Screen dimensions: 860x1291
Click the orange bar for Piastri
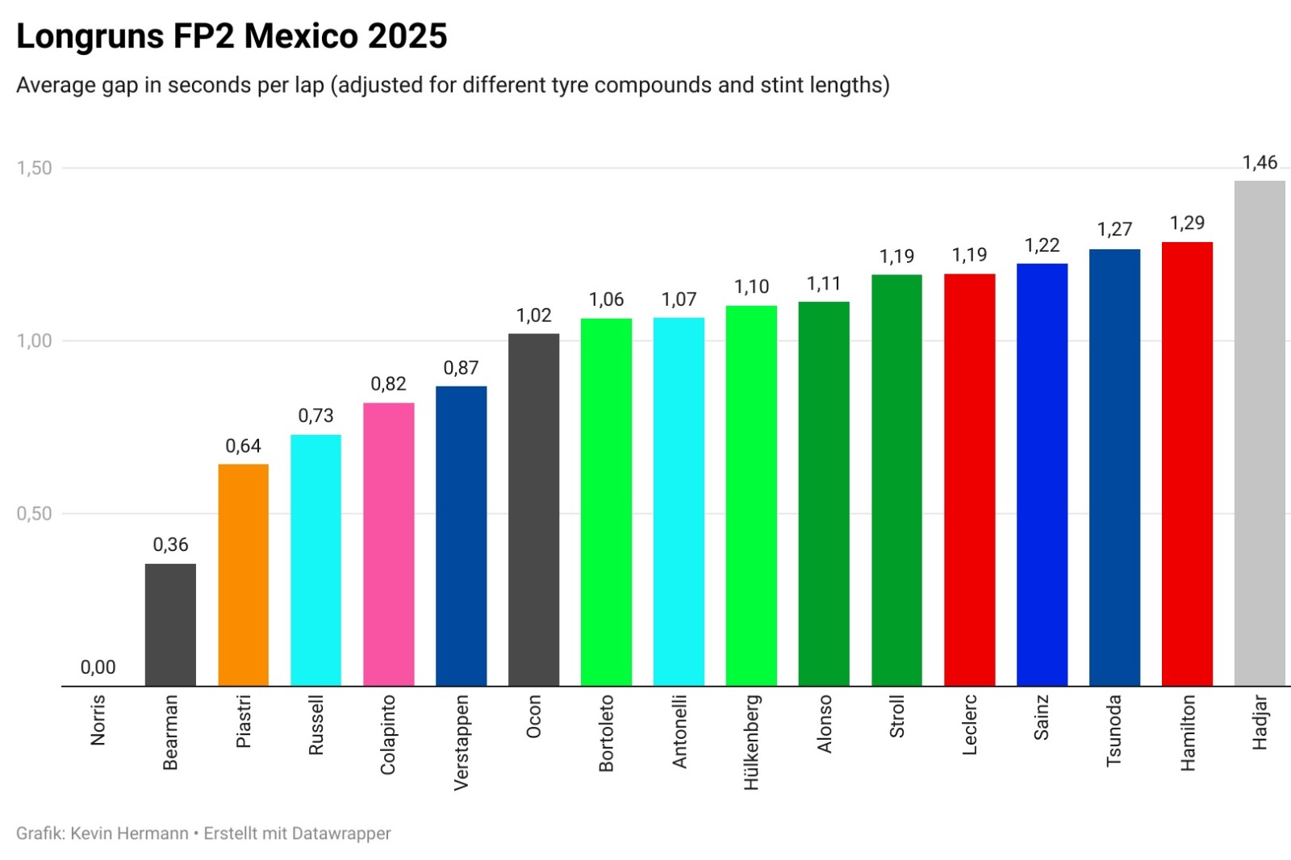click(243, 574)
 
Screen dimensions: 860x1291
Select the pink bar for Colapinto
click(388, 544)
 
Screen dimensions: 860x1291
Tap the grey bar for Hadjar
click(1260, 433)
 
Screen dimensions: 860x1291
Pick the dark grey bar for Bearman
click(170, 624)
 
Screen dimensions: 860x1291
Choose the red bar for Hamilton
click(1187, 464)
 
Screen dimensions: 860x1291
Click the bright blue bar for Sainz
click(1042, 474)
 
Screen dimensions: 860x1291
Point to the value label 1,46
click(1260, 163)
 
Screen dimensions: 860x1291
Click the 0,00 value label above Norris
click(98, 667)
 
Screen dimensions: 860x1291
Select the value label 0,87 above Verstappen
click(461, 368)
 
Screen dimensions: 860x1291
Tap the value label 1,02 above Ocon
click(533, 315)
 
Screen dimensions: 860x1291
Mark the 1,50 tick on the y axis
click(34, 168)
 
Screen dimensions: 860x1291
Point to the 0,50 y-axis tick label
click(34, 513)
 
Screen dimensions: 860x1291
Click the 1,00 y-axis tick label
click(34, 340)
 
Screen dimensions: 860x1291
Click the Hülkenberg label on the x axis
click(752, 742)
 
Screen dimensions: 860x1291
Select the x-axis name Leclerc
click(970, 724)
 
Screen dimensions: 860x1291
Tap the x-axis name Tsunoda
click(1114, 730)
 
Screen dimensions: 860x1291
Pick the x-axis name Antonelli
click(679, 731)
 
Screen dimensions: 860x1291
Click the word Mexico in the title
click(301, 36)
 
